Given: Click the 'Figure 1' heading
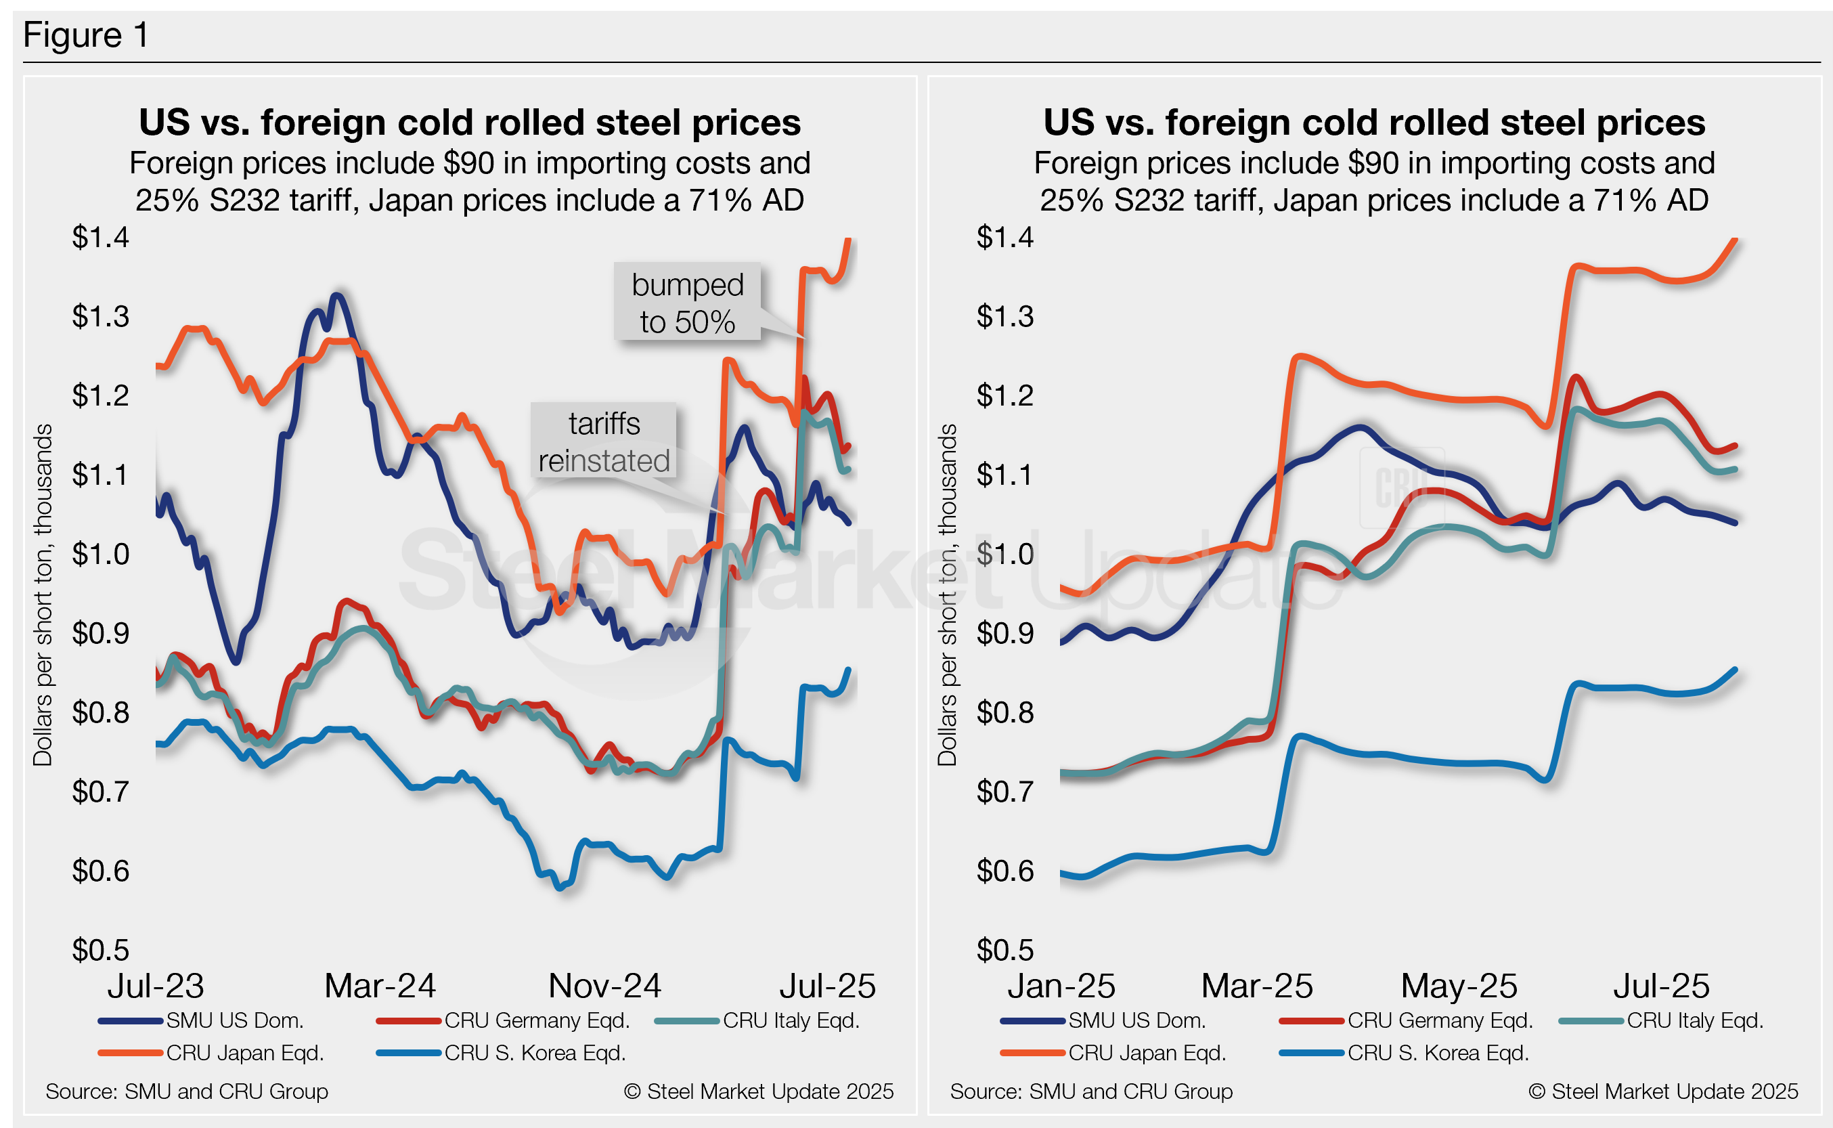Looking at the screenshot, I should [86, 35].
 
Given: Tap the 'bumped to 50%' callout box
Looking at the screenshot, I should [687, 303].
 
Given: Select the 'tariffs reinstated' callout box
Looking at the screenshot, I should [603, 441].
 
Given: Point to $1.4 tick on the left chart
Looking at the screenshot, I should [100, 237].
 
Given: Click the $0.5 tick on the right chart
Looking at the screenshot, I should [1004, 950].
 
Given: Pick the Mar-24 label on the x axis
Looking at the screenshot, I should [380, 986].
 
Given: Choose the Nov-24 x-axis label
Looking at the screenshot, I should [604, 986].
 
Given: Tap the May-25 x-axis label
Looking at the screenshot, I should [1459, 986].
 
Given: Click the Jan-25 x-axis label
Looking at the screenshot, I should [1061, 986].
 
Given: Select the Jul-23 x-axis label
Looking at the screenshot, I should [155, 986].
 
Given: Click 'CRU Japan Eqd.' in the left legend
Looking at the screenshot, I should [244, 1053].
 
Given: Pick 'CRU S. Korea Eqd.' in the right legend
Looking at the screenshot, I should [1438, 1053].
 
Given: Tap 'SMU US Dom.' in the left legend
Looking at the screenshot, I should [234, 1020].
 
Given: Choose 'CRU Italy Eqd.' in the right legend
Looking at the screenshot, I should [1694, 1020].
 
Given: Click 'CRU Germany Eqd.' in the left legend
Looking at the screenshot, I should [537, 1020].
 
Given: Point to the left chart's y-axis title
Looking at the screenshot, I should [43, 594].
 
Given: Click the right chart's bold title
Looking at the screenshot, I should [1373, 123].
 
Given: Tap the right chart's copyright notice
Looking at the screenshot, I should [1663, 1091].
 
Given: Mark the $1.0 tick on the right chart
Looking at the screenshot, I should [1004, 555].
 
